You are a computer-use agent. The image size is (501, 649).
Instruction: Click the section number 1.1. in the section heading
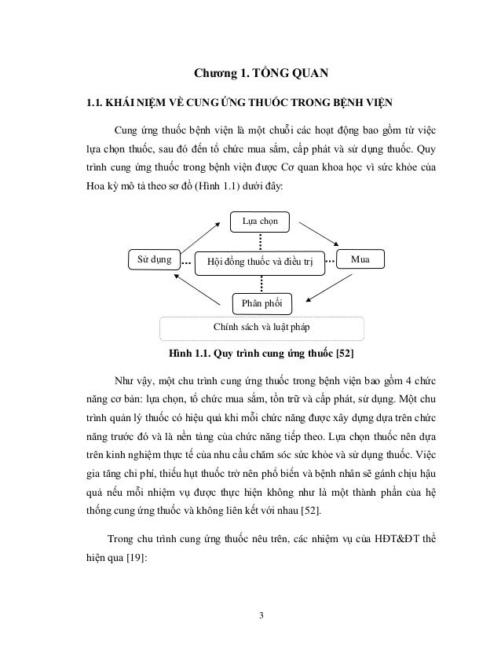pos(97,102)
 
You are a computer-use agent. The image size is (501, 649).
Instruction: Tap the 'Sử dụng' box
pos(155,258)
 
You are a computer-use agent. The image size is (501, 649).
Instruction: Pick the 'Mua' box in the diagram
pos(360,258)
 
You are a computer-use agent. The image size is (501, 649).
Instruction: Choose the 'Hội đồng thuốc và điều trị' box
pos(258,260)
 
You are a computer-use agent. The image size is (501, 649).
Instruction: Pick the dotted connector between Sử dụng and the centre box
pos(186,259)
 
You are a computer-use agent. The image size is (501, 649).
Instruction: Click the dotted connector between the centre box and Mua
pos(330,259)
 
